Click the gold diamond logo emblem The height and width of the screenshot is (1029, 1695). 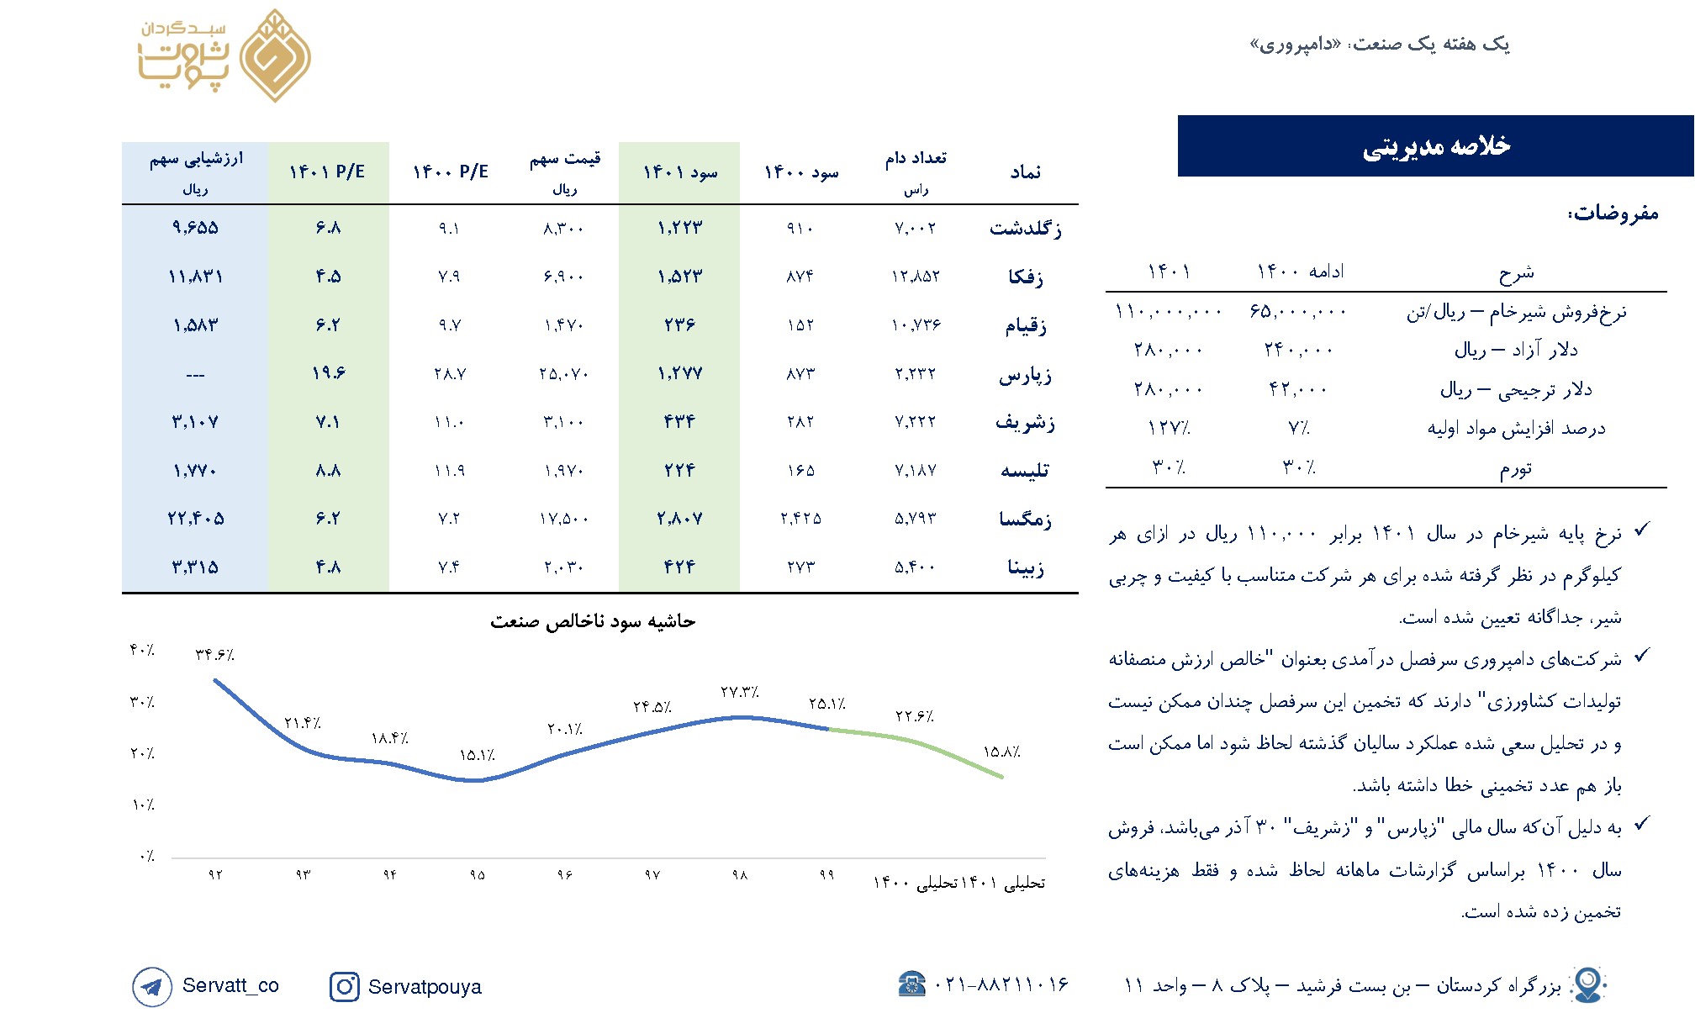click(275, 56)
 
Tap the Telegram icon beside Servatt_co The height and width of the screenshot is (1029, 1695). click(151, 986)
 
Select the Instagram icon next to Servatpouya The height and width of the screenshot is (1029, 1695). click(344, 986)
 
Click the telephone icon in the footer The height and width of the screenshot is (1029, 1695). click(912, 984)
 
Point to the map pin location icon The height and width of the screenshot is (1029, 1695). click(1587, 984)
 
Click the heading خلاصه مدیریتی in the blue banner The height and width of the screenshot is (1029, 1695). click(1436, 146)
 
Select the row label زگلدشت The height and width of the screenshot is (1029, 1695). click(1025, 228)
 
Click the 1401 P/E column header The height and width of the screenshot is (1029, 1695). click(327, 172)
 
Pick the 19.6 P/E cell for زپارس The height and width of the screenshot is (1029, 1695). click(328, 373)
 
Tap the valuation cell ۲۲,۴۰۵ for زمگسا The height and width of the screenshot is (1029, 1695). click(195, 519)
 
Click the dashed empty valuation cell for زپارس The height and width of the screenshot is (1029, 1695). click(195, 375)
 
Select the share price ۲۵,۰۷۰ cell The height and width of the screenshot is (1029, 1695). click(563, 373)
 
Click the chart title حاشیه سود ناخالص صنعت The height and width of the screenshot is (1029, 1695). click(593, 621)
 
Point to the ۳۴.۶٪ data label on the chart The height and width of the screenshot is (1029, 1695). click(214, 655)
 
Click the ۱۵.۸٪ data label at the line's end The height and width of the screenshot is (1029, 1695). click(1001, 752)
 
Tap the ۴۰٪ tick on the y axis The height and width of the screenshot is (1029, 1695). click(141, 650)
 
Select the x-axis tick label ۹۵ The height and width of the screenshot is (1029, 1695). click(477, 875)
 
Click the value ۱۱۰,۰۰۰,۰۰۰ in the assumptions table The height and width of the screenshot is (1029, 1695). click(1169, 312)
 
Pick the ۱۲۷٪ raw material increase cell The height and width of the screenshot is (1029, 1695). click(1169, 428)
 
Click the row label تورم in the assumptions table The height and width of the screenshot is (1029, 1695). click(1516, 468)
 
